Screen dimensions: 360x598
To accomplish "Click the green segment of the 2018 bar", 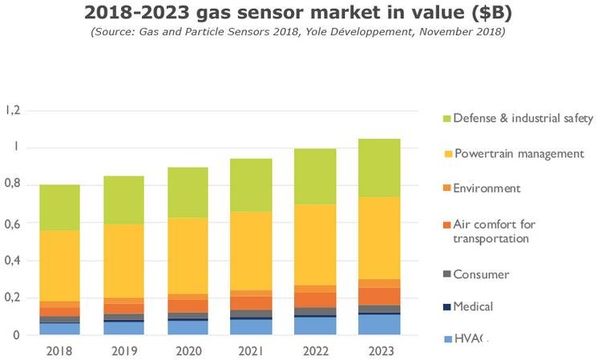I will click(x=59, y=207).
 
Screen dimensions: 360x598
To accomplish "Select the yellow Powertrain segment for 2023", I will click(x=379, y=238).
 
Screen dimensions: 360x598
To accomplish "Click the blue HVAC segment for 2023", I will click(x=379, y=325).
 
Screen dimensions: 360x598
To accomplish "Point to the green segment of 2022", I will click(x=316, y=176).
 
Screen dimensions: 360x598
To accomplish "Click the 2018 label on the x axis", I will click(x=59, y=350).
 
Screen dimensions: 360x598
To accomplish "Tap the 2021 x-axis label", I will click(x=252, y=350).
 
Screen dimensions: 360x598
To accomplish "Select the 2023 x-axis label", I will click(x=379, y=350).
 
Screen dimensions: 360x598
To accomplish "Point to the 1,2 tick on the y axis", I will click(x=14, y=110).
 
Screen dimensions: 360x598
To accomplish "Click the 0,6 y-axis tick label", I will click(x=14, y=223).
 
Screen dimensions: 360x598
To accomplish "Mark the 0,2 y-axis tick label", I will click(x=14, y=298).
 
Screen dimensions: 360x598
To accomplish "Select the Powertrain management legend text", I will click(x=519, y=153).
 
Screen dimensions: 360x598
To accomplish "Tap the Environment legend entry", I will click(x=487, y=188).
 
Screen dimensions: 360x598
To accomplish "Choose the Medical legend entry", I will click(x=473, y=306).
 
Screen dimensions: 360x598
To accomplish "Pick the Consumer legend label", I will click(x=481, y=274).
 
